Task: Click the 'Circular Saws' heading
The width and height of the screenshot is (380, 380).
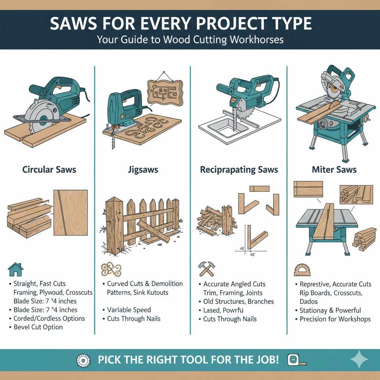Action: [49, 170]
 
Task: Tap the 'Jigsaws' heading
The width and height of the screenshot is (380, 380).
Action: [142, 170]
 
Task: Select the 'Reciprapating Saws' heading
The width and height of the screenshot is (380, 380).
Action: [239, 170]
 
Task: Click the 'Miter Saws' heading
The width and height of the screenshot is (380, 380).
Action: [334, 170]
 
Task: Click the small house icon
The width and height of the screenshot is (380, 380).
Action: [15, 269]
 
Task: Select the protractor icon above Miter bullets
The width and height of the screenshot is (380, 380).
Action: [302, 270]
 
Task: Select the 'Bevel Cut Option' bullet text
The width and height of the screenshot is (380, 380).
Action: [38, 327]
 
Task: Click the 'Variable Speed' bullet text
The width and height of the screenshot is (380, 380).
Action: [129, 310]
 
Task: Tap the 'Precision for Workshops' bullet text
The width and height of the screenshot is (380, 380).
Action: [335, 319]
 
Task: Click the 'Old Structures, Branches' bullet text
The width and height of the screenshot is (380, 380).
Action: [238, 301]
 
